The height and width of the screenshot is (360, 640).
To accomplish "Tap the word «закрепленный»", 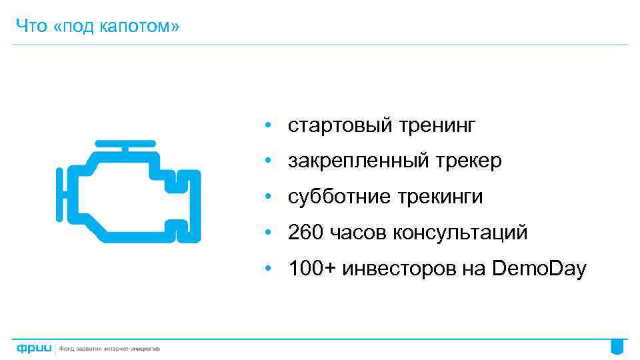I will pyautogui.click(x=351, y=161).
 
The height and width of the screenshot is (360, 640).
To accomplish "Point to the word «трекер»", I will pyautogui.click(x=471, y=161).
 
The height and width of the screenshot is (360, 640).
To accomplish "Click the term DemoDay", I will pyautogui.click(x=539, y=269).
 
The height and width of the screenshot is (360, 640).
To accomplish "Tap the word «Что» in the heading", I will pyautogui.click(x=29, y=27).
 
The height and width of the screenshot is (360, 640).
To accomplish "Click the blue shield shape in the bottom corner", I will pyautogui.click(x=618, y=347).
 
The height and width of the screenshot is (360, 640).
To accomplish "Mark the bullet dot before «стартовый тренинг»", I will pyautogui.click(x=266, y=125).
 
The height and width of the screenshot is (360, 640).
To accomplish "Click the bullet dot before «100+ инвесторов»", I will pyautogui.click(x=266, y=269).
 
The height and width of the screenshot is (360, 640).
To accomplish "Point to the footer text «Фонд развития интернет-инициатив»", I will pyautogui.click(x=110, y=348).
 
